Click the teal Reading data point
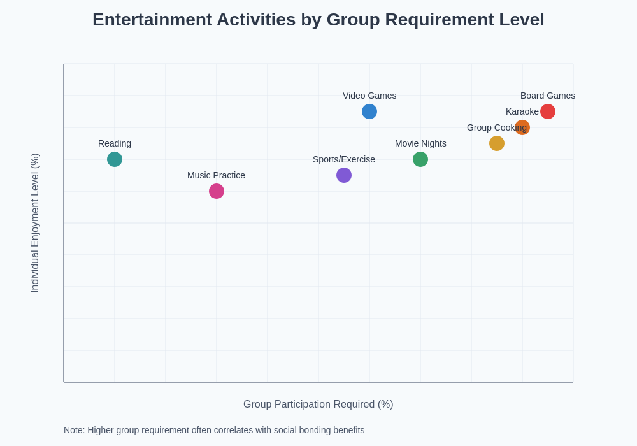point(115,159)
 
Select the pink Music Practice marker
point(217,191)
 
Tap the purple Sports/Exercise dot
point(344,175)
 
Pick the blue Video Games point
point(369,111)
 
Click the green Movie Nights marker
point(420,159)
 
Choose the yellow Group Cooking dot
point(497,143)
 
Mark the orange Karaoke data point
point(522,127)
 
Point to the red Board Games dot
point(548,111)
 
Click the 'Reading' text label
point(115,143)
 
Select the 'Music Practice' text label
point(216,175)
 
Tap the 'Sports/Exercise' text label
point(344,159)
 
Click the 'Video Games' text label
point(369,96)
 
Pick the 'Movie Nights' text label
point(420,143)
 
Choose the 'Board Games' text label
point(548,96)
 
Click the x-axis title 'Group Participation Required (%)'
point(318,405)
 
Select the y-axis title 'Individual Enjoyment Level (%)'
point(35,223)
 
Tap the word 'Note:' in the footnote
point(74,430)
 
